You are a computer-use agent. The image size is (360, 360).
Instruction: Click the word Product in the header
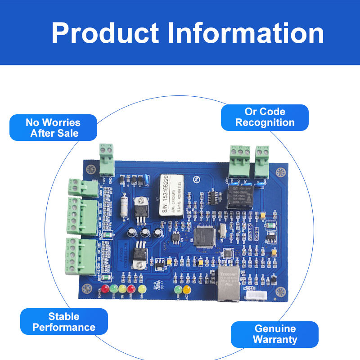coord(105,33)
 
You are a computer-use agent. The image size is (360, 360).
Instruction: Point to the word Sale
coord(67,133)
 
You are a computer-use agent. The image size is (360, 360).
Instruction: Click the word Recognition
coord(265,122)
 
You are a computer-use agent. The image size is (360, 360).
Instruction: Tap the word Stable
coord(64,316)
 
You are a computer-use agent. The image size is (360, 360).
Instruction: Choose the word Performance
coord(64,327)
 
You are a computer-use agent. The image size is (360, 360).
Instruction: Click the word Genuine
coord(275,328)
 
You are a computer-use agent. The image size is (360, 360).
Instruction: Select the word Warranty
coord(275,339)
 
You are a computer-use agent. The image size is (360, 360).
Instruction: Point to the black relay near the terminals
coord(243,197)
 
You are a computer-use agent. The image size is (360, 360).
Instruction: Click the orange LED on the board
coord(187,288)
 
